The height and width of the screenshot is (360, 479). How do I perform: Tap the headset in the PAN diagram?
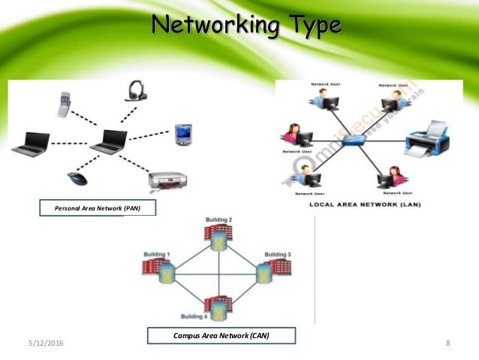coord(136,91)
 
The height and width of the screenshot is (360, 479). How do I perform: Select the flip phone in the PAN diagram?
coord(65,104)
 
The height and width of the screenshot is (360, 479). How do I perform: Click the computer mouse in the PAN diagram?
coord(77,178)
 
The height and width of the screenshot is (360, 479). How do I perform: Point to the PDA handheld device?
coord(182,135)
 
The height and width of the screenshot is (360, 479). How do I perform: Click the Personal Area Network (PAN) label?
coord(98,207)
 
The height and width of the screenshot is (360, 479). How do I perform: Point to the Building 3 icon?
coord(264,271)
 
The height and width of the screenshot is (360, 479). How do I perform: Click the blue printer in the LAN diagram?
coord(427,141)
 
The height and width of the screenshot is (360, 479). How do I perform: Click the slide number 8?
coord(447,343)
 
